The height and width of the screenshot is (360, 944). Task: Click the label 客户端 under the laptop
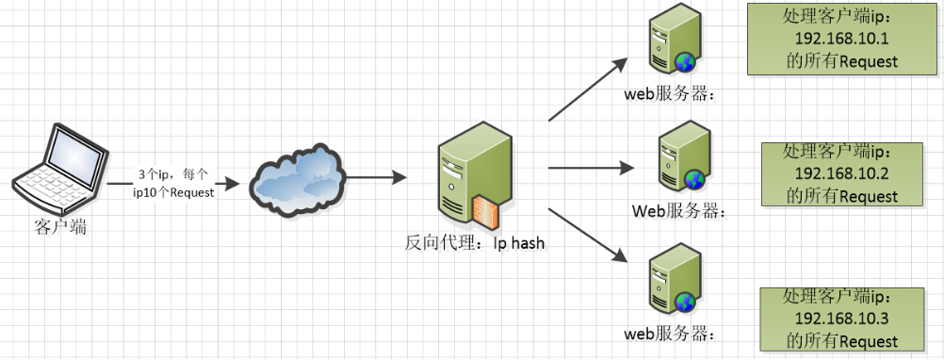pyautogui.click(x=58, y=226)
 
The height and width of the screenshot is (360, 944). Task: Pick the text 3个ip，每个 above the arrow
pyautogui.click(x=172, y=173)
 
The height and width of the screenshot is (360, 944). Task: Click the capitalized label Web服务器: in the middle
pyautogui.click(x=678, y=210)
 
